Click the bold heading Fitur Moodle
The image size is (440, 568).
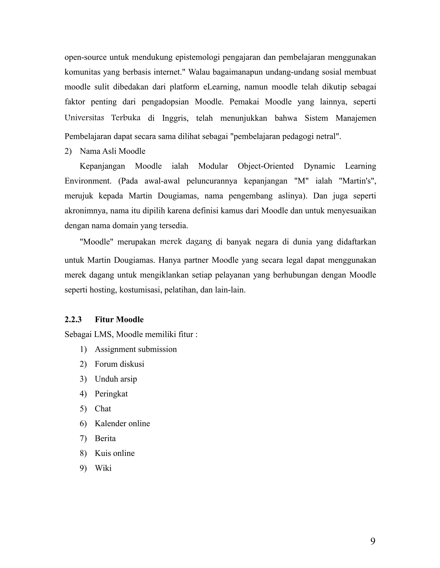(x=119, y=319)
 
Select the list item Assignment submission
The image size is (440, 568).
(x=136, y=349)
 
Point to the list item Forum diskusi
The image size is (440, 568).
(x=119, y=364)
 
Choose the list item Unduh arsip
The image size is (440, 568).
(x=116, y=379)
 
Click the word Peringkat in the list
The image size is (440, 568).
(x=111, y=394)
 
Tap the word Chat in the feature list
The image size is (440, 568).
(x=103, y=409)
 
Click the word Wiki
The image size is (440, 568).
(x=103, y=468)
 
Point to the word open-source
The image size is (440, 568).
(x=85, y=57)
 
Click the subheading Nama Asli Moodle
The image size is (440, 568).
(x=113, y=151)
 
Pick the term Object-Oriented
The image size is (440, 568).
(x=266, y=166)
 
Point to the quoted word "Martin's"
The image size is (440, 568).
(x=357, y=181)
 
